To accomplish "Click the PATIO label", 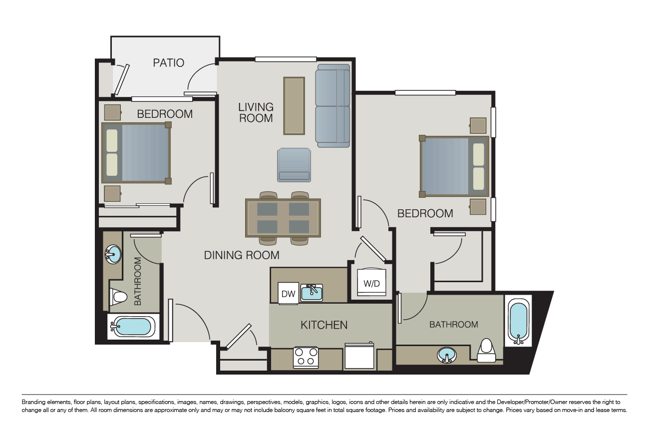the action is [169, 62].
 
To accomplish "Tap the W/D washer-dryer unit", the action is [372, 283].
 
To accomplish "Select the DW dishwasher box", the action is [288, 293].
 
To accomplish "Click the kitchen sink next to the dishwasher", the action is [312, 292].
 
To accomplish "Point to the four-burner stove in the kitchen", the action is [306, 358].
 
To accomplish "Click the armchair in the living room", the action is [294, 165].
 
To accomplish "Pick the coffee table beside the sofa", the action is [294, 106].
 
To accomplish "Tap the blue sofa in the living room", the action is [332, 106].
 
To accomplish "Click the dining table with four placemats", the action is [283, 218].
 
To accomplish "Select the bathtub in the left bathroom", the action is [133, 327].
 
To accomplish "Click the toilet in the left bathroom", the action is [118, 297].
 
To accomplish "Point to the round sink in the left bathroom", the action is [113, 254].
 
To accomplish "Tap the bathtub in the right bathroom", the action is [519, 321].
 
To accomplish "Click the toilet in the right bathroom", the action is [486, 351].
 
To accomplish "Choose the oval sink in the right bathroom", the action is [447, 355].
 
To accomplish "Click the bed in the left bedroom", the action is [136, 153].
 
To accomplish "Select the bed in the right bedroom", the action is [454, 166].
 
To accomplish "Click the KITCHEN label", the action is [324, 325].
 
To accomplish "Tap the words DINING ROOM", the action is [242, 255].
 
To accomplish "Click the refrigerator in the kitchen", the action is [359, 356].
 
